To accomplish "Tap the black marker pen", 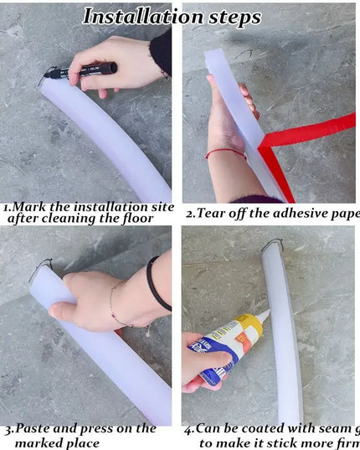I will coord(85,70).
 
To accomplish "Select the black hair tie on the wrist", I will coord(154,285).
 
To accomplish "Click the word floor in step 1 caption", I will coord(137,219).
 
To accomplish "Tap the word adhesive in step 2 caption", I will coord(296,213).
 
